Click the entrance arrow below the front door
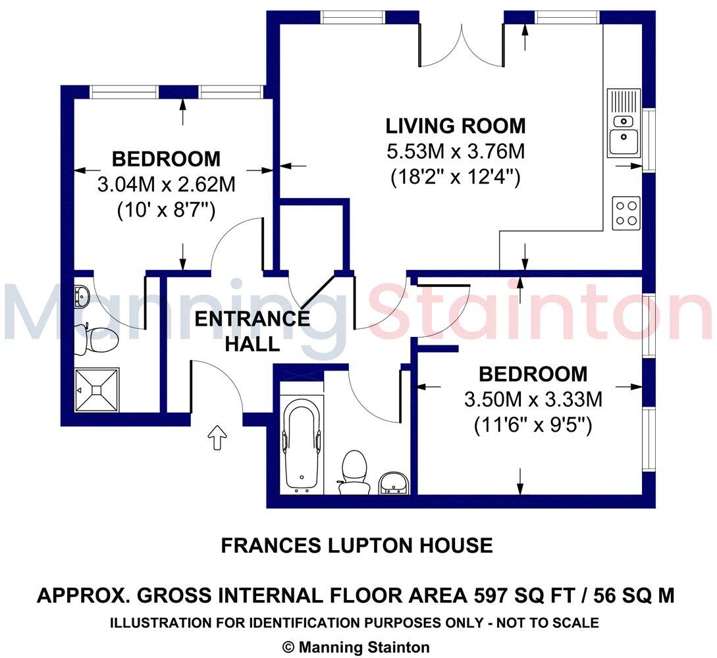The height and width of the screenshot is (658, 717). click(x=217, y=438)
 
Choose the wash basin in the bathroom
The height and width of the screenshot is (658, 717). click(x=394, y=484)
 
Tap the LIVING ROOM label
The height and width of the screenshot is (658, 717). click(x=456, y=126)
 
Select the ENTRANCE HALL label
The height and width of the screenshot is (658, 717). click(x=252, y=331)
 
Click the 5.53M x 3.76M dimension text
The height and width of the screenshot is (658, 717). click(x=456, y=152)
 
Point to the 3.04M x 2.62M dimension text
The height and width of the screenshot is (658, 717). click(x=166, y=185)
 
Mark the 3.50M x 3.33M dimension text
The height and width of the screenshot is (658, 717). click(x=533, y=399)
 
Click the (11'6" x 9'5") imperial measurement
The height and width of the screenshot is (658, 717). click(x=533, y=426)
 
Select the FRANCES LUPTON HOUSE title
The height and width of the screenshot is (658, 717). click(x=356, y=545)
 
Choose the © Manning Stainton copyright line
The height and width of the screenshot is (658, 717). click(x=356, y=647)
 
